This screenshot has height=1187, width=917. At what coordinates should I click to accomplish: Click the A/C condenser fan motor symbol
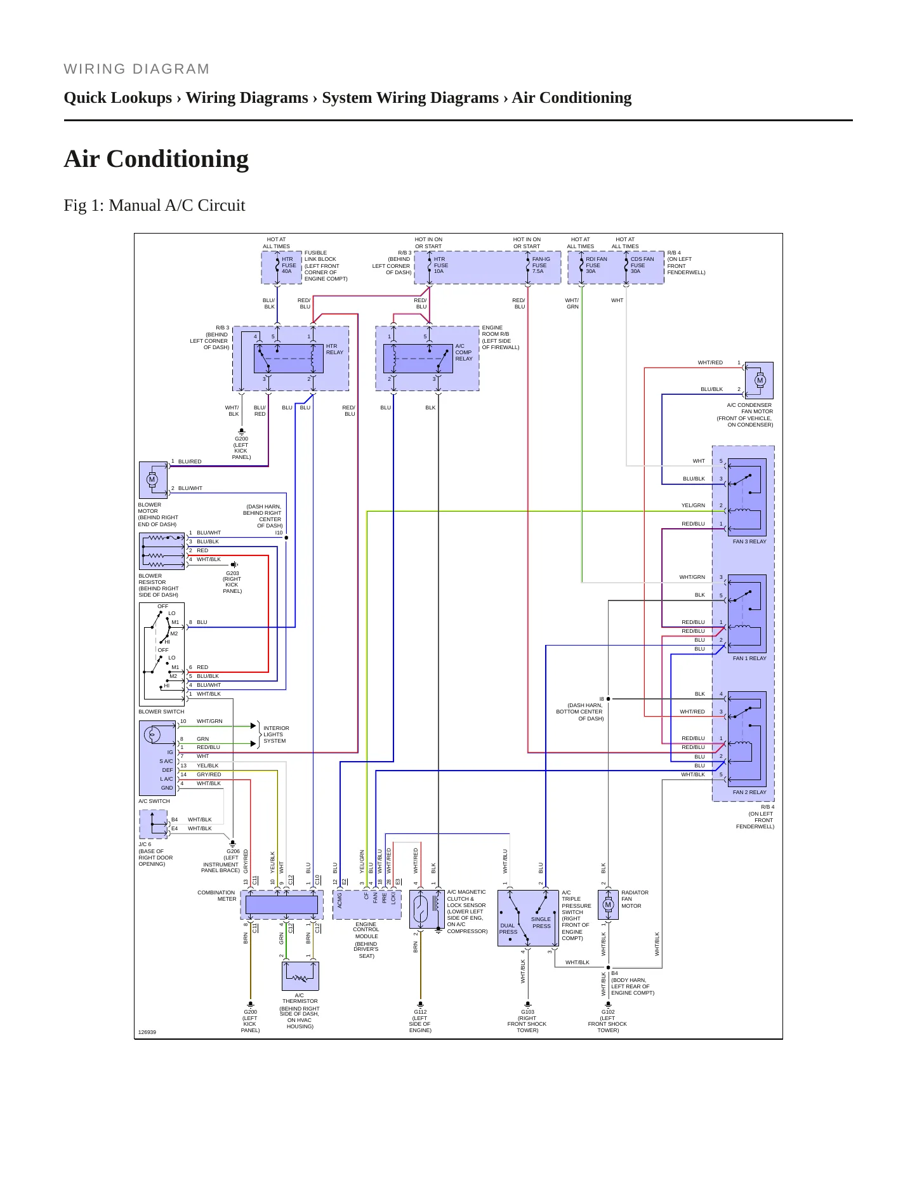coord(759,380)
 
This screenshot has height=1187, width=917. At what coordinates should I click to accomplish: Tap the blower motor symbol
coord(153,479)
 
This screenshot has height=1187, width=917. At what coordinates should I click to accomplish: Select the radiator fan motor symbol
coord(608,904)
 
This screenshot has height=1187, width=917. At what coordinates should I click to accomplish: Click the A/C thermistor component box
coord(300,976)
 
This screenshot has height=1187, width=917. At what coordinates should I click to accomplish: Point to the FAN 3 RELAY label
coord(749,541)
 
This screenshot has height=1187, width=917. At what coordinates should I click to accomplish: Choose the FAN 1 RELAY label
coord(749,658)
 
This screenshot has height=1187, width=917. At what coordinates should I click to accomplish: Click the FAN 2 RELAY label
coord(749,792)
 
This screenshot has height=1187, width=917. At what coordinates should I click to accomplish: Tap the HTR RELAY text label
coord(334,349)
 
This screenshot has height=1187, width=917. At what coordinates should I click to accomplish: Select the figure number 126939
coord(147,1032)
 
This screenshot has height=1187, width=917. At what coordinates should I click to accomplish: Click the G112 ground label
coord(420,1012)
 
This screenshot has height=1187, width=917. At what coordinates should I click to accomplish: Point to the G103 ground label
coord(527,1012)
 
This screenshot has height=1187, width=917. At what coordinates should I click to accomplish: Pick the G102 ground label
coord(608,1012)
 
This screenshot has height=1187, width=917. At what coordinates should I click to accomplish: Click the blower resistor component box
coord(162,551)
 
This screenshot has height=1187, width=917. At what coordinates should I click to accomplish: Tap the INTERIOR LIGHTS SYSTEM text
coord(276,734)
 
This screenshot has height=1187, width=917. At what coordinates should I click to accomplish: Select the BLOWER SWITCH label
coord(161,712)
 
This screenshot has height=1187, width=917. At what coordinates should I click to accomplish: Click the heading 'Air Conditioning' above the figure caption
coord(156,159)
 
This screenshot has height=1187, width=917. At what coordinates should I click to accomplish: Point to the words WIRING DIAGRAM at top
coord(136,69)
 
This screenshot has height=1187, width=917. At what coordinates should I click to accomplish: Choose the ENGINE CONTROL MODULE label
coord(366,930)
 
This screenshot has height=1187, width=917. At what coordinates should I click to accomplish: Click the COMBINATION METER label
coord(216,896)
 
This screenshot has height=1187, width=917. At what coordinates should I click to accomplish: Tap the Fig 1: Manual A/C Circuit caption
coord(154,205)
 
